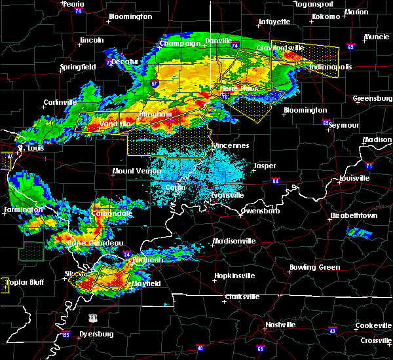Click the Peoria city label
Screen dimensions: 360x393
(75, 4)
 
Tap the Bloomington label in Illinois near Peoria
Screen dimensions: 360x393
(130, 16)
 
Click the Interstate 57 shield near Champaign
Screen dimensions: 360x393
(155, 65)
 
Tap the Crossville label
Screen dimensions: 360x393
(375, 341)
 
